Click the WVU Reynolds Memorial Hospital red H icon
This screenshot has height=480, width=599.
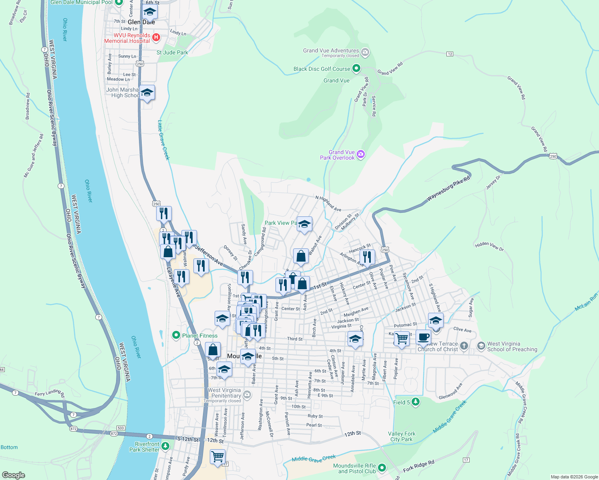tap(157, 38)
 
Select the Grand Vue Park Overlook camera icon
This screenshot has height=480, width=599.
tap(361, 154)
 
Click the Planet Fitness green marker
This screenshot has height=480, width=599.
tap(176, 335)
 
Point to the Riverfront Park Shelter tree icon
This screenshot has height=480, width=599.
tap(166, 446)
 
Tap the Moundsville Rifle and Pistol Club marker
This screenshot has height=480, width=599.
tap(382, 468)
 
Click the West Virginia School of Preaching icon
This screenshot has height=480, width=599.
tap(481, 345)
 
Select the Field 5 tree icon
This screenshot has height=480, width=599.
tap(416, 402)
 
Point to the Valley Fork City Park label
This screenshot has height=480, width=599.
tap(402, 436)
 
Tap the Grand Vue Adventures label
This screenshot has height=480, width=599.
tap(331, 50)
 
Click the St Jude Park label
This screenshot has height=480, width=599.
tap(172, 52)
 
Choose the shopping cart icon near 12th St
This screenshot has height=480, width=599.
tap(217, 456)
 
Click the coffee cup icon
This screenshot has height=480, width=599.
tap(423, 337)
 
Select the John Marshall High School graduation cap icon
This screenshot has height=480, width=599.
tap(147, 93)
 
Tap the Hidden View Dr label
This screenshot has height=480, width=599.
tap(489, 246)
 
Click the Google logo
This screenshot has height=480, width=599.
tap(13, 475)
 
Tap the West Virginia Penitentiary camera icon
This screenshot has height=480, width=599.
tap(247, 395)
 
